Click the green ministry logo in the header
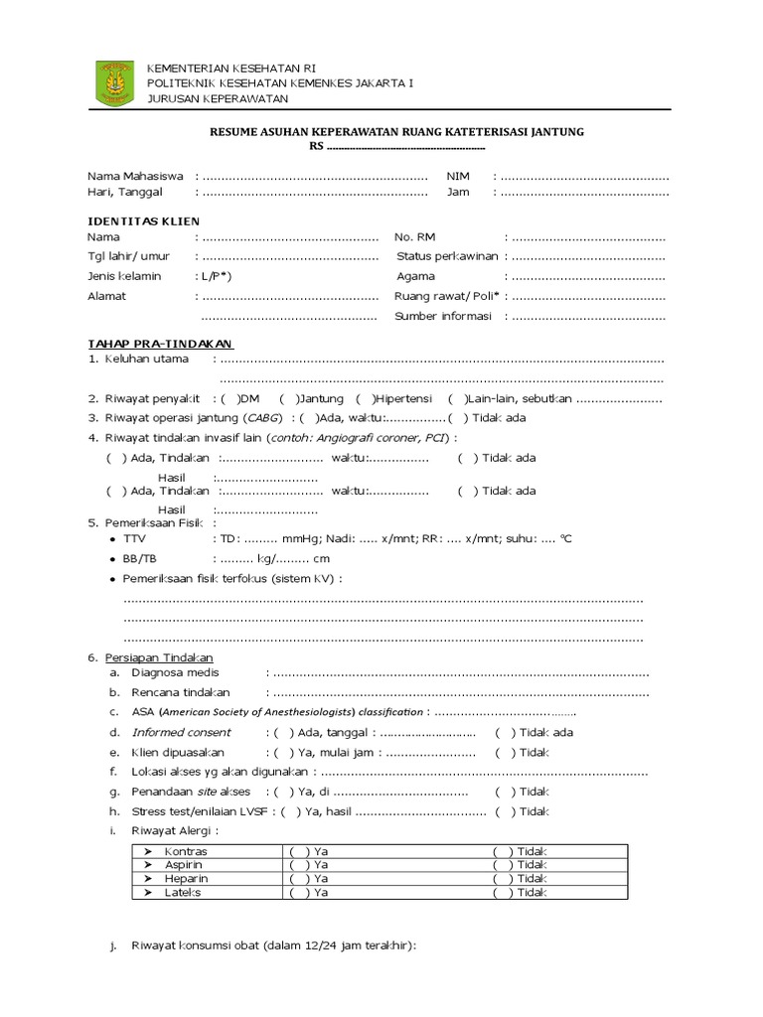[115, 82]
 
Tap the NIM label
[457, 176]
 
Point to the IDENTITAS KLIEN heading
[143, 220]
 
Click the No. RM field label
[415, 237]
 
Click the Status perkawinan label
[446, 256]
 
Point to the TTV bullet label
[134, 538]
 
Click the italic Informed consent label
[181, 732]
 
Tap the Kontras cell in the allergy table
[186, 851]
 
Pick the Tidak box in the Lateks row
[504, 893]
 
